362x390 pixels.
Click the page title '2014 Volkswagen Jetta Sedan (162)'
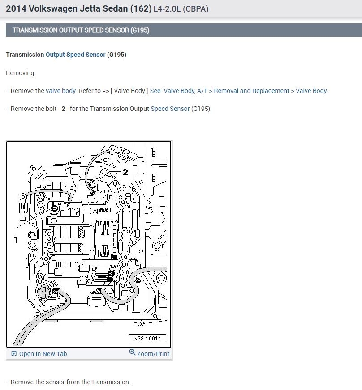tap(78, 8)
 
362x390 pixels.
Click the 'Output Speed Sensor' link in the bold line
tap(75, 55)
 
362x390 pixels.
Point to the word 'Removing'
tap(20, 73)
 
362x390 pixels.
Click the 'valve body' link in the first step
tap(60, 91)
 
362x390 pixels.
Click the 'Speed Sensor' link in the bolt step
tap(170, 109)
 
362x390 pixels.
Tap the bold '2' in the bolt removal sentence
tap(64, 109)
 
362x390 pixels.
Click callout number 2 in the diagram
tap(125, 172)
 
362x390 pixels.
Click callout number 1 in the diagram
tap(16, 240)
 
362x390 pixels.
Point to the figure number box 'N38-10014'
tap(147, 339)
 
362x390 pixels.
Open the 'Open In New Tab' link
tap(43, 354)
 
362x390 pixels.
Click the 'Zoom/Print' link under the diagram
tap(153, 354)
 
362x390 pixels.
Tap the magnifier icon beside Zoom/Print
tap(132, 352)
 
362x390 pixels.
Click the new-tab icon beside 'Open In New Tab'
tap(14, 354)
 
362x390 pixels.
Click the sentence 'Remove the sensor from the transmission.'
tap(70, 382)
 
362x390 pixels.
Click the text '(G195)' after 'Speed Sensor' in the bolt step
tap(201, 109)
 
